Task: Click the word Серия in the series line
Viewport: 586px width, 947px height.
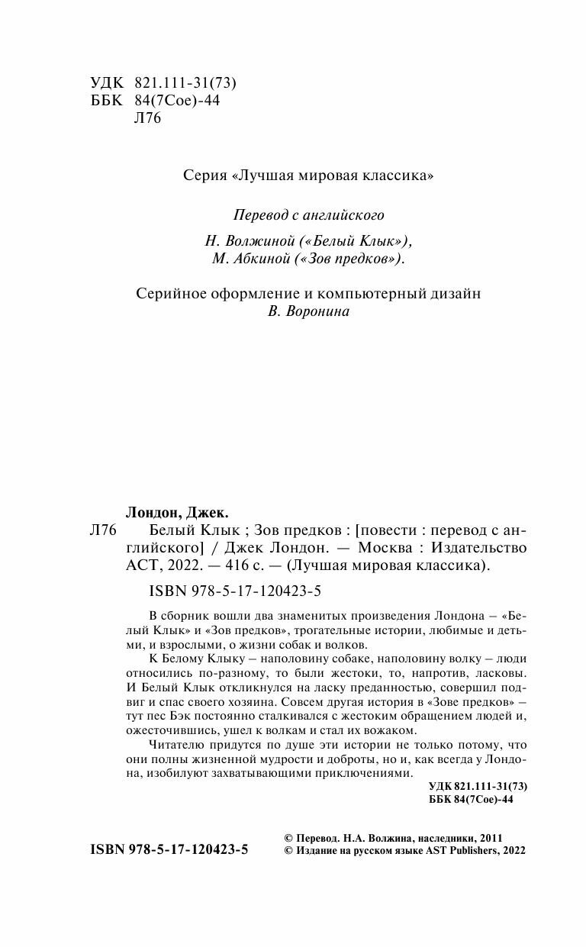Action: [x=204, y=176]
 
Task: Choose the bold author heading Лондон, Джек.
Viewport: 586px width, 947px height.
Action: [x=176, y=512]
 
